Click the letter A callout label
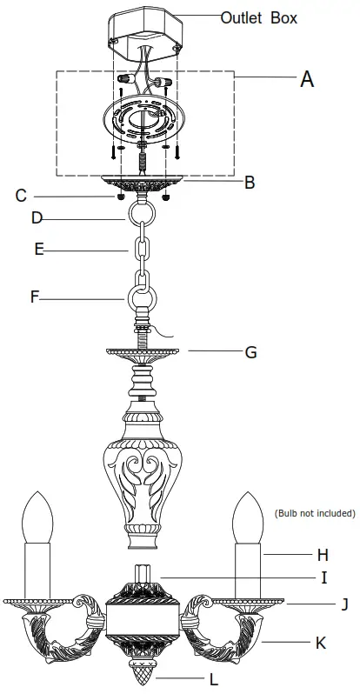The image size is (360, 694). pyautogui.click(x=306, y=79)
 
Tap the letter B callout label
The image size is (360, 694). pyautogui.click(x=250, y=183)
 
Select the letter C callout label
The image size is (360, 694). pyautogui.click(x=21, y=196)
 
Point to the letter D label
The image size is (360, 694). pyautogui.click(x=37, y=217)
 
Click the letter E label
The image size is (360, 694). pyautogui.click(x=39, y=250)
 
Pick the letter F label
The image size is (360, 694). pyautogui.click(x=35, y=297)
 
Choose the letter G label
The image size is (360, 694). pyautogui.click(x=250, y=352)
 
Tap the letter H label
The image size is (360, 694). pyautogui.click(x=323, y=553)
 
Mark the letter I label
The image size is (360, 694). pyautogui.click(x=323, y=577)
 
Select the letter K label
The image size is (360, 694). pyautogui.click(x=321, y=644)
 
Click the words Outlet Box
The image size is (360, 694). pyautogui.click(x=258, y=17)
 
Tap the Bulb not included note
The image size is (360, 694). pyautogui.click(x=314, y=513)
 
